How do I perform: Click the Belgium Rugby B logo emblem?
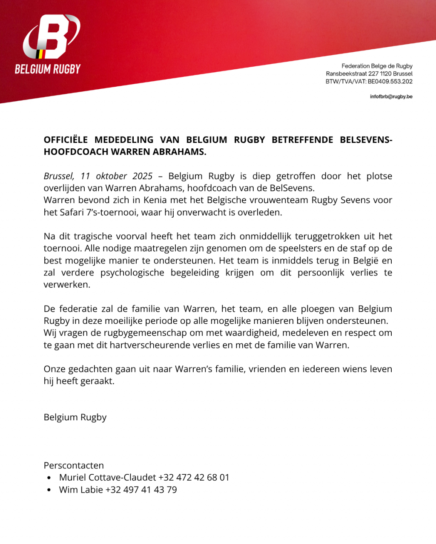click(51, 37)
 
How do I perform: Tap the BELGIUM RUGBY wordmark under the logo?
click(48, 69)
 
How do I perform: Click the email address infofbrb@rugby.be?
click(391, 96)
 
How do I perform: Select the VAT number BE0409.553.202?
click(390, 82)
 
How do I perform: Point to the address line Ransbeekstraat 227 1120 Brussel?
click(369, 74)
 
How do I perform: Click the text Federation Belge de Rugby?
click(377, 66)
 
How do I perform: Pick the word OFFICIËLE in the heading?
click(66, 140)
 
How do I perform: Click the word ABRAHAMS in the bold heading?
click(184, 152)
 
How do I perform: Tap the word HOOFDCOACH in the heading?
click(75, 152)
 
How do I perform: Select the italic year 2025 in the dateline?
click(142, 176)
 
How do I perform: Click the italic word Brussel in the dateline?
click(59, 176)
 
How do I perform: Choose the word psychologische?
click(132, 272)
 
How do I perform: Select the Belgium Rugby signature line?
click(75, 417)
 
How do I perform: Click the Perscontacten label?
click(74, 465)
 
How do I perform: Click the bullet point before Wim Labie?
click(49, 490)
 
